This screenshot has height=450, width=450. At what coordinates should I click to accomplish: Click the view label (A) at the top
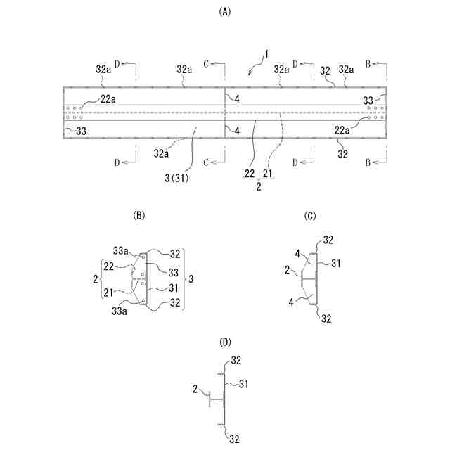[x=225, y=11]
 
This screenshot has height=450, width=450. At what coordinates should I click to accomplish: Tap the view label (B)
[x=139, y=216]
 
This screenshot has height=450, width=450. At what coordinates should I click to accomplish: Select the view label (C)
[x=310, y=216]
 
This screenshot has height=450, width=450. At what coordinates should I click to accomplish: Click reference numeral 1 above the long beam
[x=266, y=53]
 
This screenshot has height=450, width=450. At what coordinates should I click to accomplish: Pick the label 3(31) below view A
[x=174, y=177]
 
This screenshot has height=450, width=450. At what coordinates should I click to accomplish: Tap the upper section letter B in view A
[x=368, y=63]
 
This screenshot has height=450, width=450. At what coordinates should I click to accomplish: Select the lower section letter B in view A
[x=368, y=163]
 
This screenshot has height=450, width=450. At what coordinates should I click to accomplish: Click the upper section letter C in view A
[x=207, y=63]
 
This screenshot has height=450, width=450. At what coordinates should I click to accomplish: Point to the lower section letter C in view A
[x=207, y=163]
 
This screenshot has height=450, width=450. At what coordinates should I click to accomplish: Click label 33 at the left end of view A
[x=82, y=130]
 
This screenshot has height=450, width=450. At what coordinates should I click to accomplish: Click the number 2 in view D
[x=195, y=388]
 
